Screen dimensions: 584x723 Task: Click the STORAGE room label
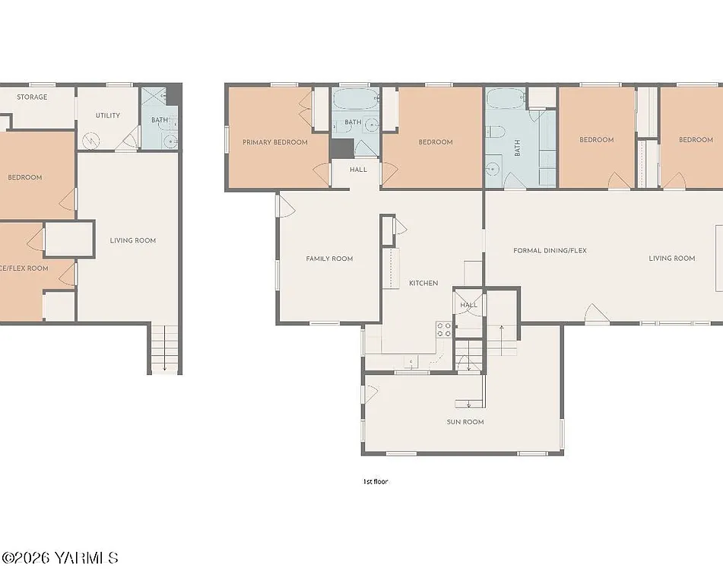(x=32, y=97)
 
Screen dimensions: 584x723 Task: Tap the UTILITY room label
(x=107, y=116)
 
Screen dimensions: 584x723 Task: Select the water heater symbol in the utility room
(x=91, y=140)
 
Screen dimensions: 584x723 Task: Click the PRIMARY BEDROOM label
(x=274, y=142)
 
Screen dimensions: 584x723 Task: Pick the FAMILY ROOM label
(x=329, y=259)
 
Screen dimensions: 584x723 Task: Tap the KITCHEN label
(x=423, y=283)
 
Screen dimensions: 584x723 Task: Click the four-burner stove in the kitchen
(x=444, y=329)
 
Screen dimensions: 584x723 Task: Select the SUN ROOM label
(x=465, y=421)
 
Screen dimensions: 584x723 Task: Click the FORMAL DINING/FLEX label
(x=550, y=250)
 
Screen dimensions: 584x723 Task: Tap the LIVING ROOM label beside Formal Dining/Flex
(x=671, y=259)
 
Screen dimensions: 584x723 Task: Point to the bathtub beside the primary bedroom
(x=355, y=99)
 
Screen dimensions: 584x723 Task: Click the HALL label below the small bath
(x=358, y=170)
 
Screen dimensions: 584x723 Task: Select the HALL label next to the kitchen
(x=468, y=305)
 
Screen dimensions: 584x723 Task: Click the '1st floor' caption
(x=376, y=481)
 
